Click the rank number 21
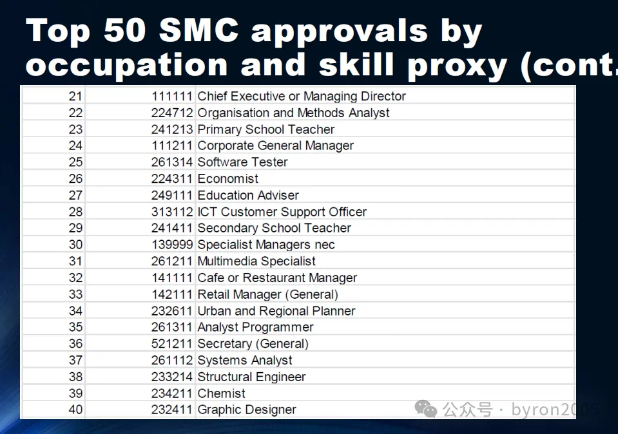click(75, 96)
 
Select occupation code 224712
click(172, 113)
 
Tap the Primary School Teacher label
click(266, 129)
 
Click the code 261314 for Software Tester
click(172, 162)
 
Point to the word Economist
click(228, 178)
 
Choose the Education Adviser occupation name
click(248, 195)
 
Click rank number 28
click(75, 211)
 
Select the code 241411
click(172, 228)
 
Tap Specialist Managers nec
click(266, 245)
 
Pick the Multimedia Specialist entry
click(256, 261)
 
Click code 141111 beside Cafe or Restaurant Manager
click(172, 278)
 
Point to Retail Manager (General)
click(268, 294)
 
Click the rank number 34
click(75, 311)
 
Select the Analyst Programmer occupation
click(255, 327)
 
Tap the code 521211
click(172, 344)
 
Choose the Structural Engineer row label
click(251, 377)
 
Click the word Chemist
click(221, 393)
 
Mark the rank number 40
click(75, 410)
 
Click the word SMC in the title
click(199, 30)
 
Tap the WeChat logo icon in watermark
click(426, 409)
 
